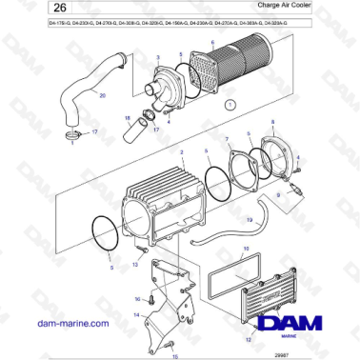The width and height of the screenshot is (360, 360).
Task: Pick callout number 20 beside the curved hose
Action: pyautogui.click(x=104, y=95)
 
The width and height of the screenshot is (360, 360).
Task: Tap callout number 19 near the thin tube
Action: pyautogui.click(x=249, y=221)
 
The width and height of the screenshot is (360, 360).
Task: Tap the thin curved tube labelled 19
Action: pyautogui.click(x=210, y=233)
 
